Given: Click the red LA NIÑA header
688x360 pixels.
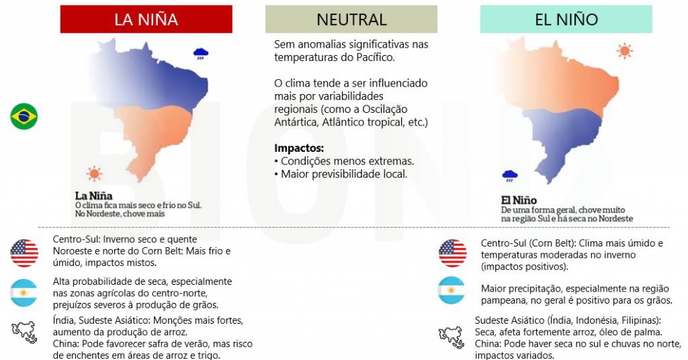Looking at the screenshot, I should (x=146, y=19).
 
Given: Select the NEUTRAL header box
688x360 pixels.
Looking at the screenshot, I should (x=351, y=19).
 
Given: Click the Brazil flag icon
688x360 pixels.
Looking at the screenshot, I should (x=24, y=116).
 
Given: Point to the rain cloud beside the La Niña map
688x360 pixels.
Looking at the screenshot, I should (x=200, y=52).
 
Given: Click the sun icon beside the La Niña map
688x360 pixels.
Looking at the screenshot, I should (x=94, y=174).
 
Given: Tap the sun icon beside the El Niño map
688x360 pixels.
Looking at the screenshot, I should (x=625, y=50).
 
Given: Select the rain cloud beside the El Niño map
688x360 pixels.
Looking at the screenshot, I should (x=510, y=176).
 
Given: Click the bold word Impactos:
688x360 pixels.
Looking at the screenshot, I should (x=299, y=147).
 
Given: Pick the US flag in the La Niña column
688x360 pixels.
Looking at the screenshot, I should (x=24, y=253).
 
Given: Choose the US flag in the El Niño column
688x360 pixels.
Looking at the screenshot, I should (x=452, y=253).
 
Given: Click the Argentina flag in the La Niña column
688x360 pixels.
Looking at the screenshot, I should (x=24, y=293).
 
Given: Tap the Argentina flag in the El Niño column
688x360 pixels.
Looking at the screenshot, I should (x=452, y=290).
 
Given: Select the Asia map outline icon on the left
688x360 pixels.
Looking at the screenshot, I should (x=24, y=332).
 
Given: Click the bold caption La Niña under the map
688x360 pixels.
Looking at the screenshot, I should (x=93, y=196).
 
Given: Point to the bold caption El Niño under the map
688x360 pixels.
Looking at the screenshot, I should (x=519, y=200).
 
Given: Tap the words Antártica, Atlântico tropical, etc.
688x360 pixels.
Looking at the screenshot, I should (x=351, y=123).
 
